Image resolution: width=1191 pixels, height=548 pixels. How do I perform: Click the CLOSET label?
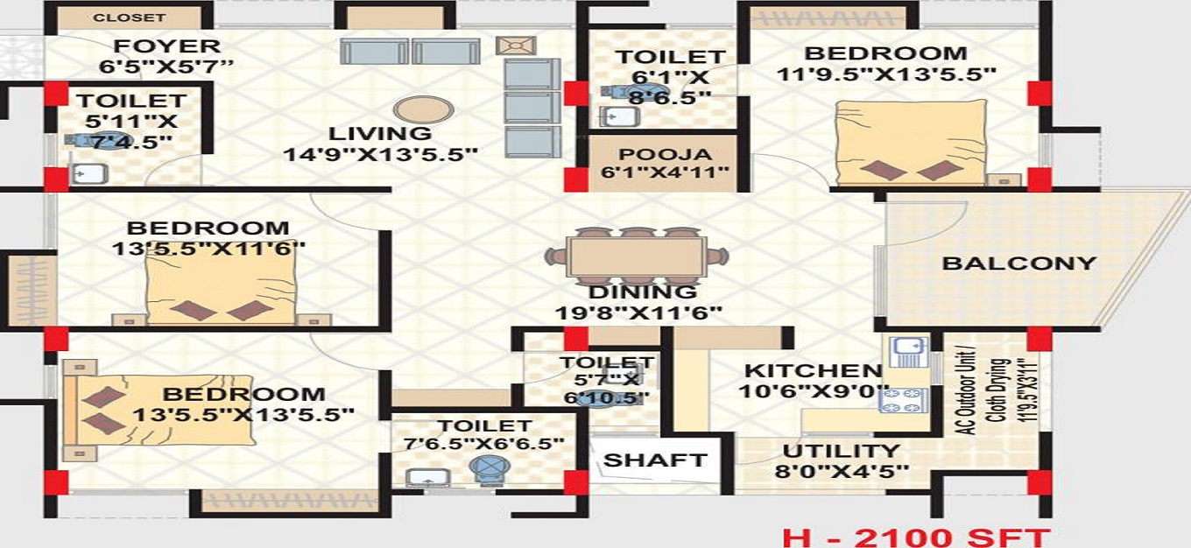coord(129,18)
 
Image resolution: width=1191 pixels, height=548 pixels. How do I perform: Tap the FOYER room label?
coord(166,46)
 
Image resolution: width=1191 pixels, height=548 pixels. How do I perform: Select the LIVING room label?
coord(380,134)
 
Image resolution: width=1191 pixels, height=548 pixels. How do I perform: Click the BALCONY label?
coord(1018,263)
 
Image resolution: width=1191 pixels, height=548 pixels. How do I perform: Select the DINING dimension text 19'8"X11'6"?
coord(638,313)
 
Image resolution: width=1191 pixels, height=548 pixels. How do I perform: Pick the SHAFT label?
coord(655,460)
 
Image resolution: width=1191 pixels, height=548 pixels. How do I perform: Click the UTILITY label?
coord(841,452)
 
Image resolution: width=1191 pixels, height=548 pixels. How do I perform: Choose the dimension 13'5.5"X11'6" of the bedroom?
coord(208,249)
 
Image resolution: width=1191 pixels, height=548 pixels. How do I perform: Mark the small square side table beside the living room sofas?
coord(510,45)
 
